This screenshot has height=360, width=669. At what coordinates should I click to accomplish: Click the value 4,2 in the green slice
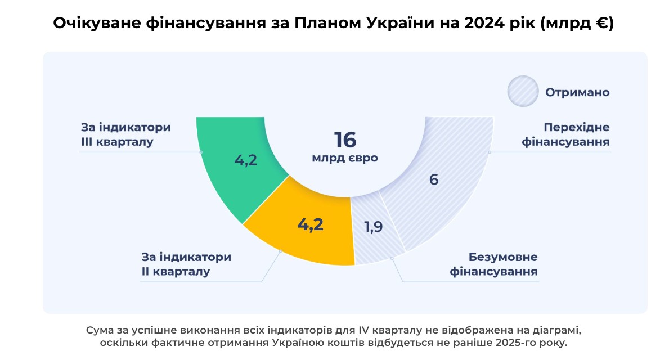(246, 160)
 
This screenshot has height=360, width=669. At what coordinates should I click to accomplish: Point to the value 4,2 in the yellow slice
(311, 225)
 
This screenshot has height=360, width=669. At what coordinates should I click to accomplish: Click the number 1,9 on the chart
(374, 227)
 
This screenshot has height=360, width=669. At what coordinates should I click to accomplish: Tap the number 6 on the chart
(433, 180)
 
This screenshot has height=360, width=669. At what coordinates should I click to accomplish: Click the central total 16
(345, 140)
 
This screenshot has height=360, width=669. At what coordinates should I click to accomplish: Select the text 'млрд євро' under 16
(345, 159)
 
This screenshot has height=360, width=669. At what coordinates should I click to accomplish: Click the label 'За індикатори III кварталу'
(125, 134)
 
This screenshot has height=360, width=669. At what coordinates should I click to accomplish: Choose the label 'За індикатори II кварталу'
(186, 264)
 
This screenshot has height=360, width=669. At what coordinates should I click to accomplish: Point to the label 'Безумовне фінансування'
(495, 264)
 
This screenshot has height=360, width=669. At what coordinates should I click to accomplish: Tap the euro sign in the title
(600, 24)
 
